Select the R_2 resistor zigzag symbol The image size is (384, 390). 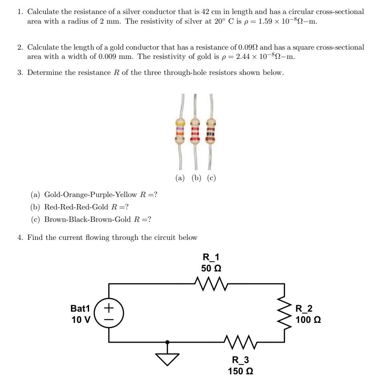285,314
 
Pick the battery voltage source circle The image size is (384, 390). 109,314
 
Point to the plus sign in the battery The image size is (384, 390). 109,308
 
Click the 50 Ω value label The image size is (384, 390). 211,268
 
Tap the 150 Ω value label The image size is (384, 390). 241,371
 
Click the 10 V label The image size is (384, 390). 81,320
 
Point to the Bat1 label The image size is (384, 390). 81,308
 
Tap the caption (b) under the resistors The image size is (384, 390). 196,178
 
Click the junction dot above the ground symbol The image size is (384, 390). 167,342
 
